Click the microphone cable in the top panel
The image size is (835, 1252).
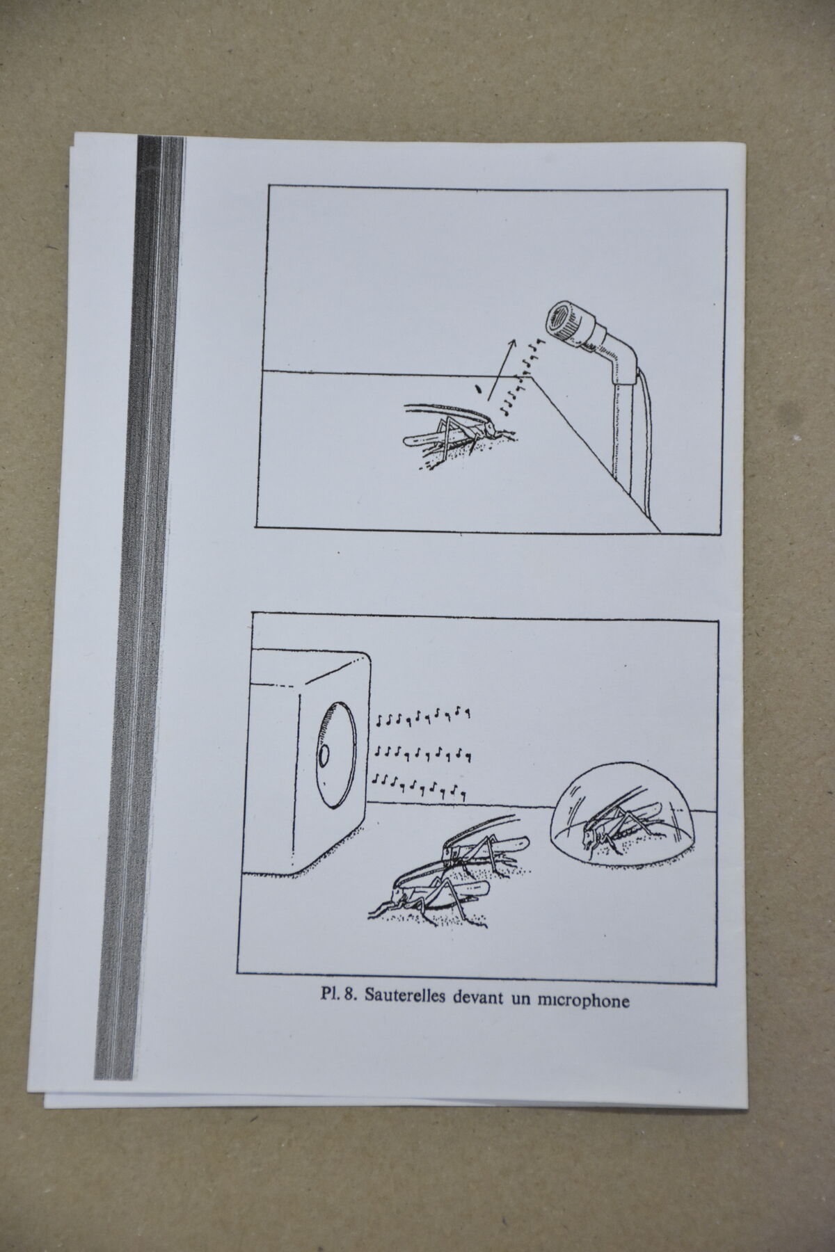pyautogui.click(x=649, y=445)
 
